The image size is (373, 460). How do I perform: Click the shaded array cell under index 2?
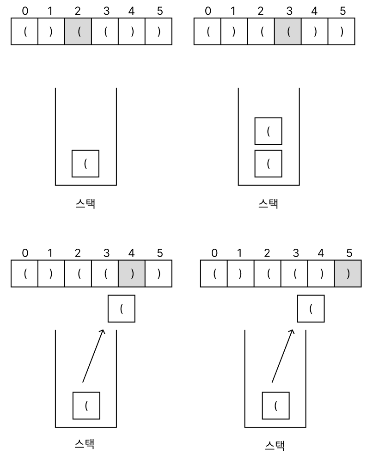coord(78,32)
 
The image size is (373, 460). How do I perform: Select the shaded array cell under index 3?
coord(287,32)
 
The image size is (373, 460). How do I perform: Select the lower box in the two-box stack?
coord(269,163)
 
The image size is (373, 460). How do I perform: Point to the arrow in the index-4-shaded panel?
coord(94,355)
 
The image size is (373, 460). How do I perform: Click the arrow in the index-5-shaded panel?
coord(283,355)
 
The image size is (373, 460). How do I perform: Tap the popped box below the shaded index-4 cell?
coord(121,309)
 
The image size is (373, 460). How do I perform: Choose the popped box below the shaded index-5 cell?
coord(311,309)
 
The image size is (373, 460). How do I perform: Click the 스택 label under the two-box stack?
coord(268,203)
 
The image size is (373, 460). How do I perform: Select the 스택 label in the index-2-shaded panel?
coord(85,203)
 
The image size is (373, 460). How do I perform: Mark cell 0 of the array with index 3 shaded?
coord(208,32)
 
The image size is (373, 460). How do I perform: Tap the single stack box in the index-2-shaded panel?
coord(86,163)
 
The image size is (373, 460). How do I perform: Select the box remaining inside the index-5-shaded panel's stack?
coord(276,405)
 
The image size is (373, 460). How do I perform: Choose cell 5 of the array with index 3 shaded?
coord(342,32)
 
